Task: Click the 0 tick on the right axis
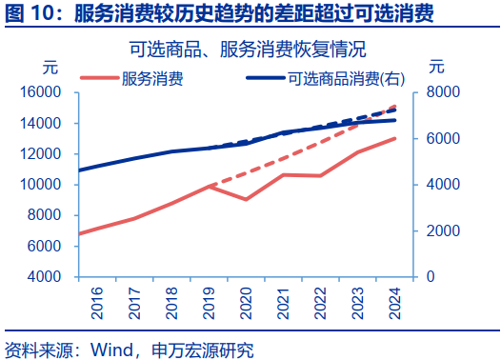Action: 430,277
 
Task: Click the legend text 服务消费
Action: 152,76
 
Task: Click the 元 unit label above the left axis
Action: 50,68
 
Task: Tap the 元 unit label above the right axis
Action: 436,68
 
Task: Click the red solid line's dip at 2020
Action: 247,199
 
